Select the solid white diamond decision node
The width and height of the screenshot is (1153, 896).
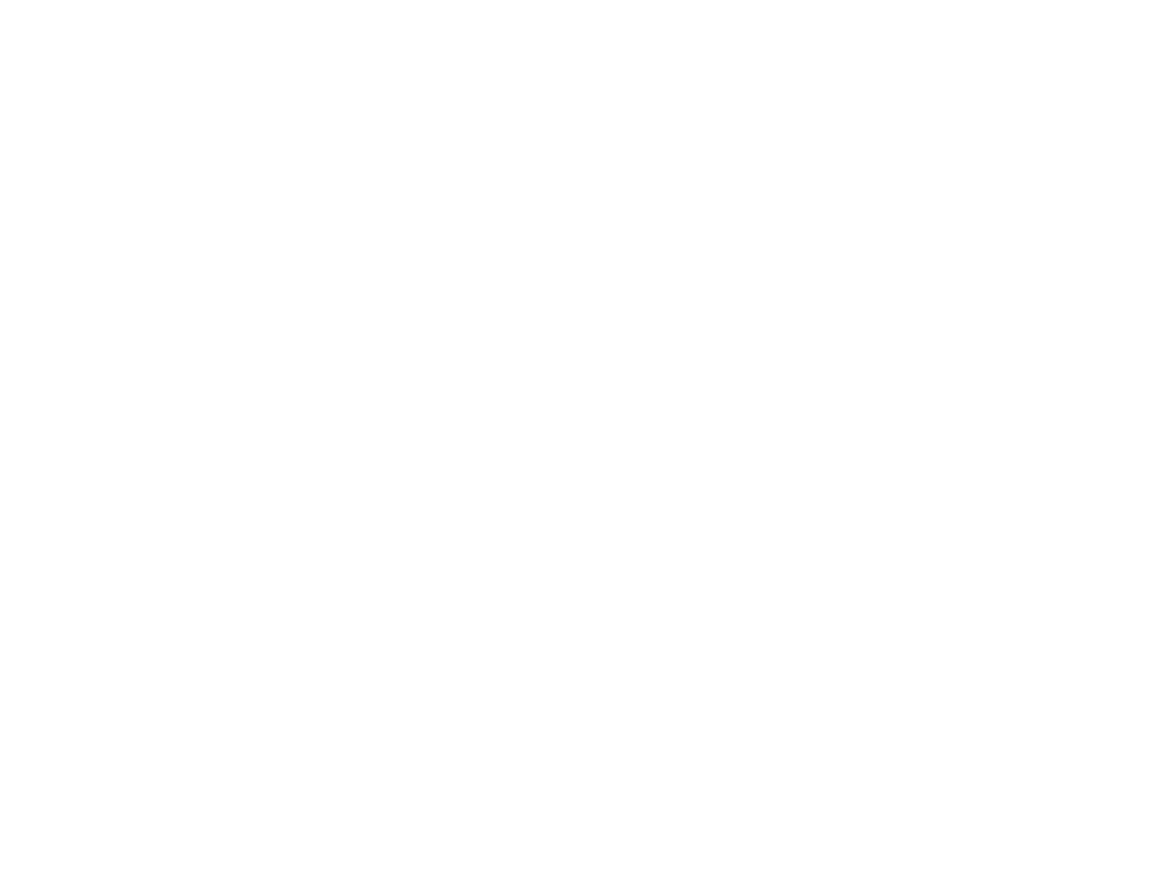pos(716,428)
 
